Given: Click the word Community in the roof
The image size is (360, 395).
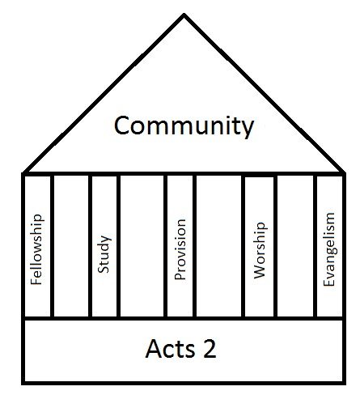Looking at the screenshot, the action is click(184, 126).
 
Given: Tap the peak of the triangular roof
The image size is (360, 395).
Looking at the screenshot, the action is click(184, 14).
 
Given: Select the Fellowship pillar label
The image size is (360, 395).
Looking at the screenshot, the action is click(36, 249).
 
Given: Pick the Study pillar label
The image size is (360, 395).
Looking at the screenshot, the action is click(104, 254).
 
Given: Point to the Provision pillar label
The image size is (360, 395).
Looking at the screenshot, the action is click(180, 249).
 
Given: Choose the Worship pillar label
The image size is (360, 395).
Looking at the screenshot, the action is click(260, 250).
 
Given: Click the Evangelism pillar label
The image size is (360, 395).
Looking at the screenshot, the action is click(329, 249).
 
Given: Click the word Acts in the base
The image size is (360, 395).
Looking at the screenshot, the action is click(170, 349).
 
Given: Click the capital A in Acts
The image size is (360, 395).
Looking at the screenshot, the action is click(154, 349).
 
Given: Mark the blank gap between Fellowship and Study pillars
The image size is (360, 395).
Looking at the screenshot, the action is click(71, 246).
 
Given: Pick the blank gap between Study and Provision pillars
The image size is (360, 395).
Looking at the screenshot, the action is click(142, 246).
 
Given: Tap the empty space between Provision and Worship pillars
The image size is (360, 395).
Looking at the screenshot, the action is click(219, 246).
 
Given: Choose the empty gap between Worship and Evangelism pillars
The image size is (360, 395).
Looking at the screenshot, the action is click(295, 246).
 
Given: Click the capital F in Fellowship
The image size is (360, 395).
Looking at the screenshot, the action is click(36, 281).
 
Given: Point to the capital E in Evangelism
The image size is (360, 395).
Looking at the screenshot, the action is click(328, 282).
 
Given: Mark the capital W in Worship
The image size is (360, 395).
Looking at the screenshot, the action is click(260, 272).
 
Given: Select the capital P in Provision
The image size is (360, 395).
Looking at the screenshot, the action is click(180, 276).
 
